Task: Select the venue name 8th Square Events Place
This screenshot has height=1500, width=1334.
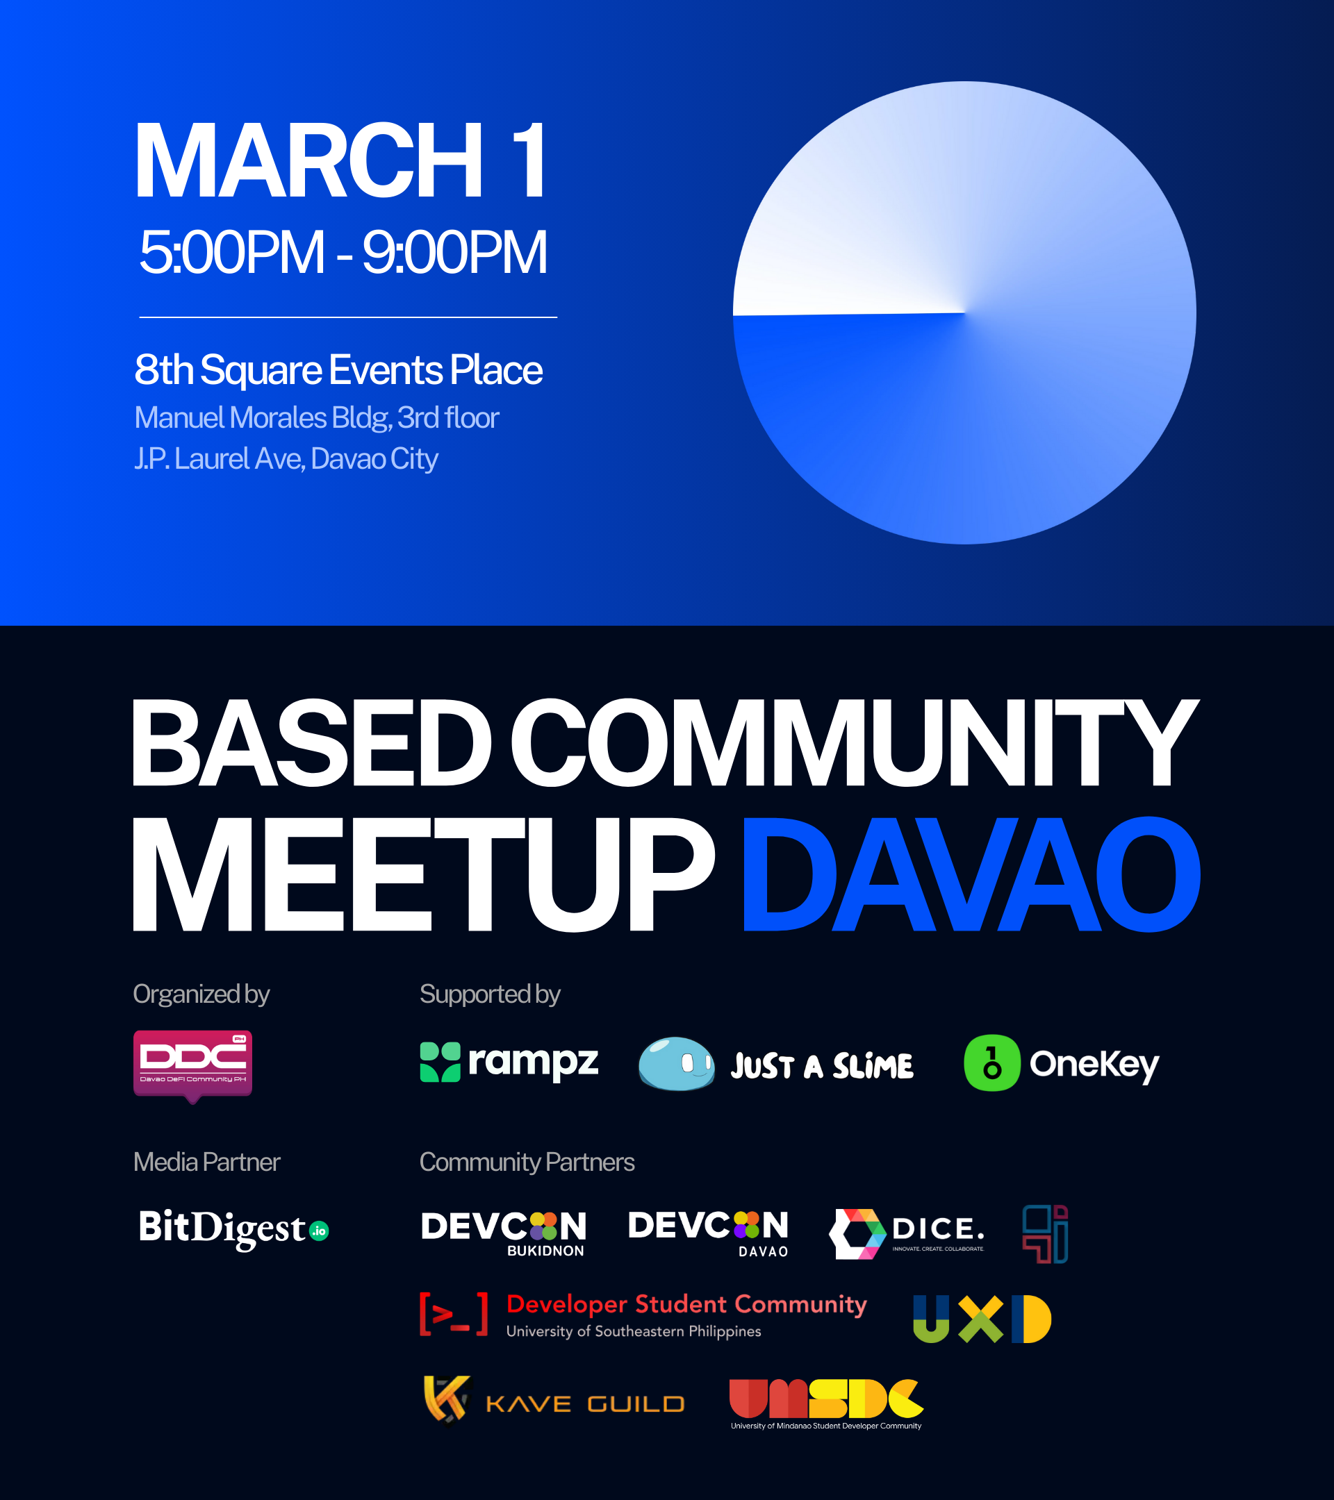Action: [338, 369]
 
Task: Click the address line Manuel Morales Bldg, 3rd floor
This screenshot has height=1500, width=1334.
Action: [316, 417]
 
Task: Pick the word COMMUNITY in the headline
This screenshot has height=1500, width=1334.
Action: [855, 742]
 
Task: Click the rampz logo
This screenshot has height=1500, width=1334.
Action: [509, 1062]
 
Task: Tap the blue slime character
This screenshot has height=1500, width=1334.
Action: [676, 1063]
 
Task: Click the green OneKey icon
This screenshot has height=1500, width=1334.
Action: [992, 1062]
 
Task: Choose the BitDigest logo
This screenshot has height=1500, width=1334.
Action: [234, 1228]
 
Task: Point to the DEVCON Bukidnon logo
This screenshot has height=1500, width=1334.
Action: [504, 1233]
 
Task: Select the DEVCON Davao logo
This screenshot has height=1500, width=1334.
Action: [709, 1233]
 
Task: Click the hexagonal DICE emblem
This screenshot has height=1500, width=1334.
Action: [857, 1233]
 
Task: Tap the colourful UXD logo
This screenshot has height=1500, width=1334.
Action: [982, 1319]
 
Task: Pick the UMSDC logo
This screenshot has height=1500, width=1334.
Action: [827, 1404]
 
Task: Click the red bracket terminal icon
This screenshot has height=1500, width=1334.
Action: [454, 1314]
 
